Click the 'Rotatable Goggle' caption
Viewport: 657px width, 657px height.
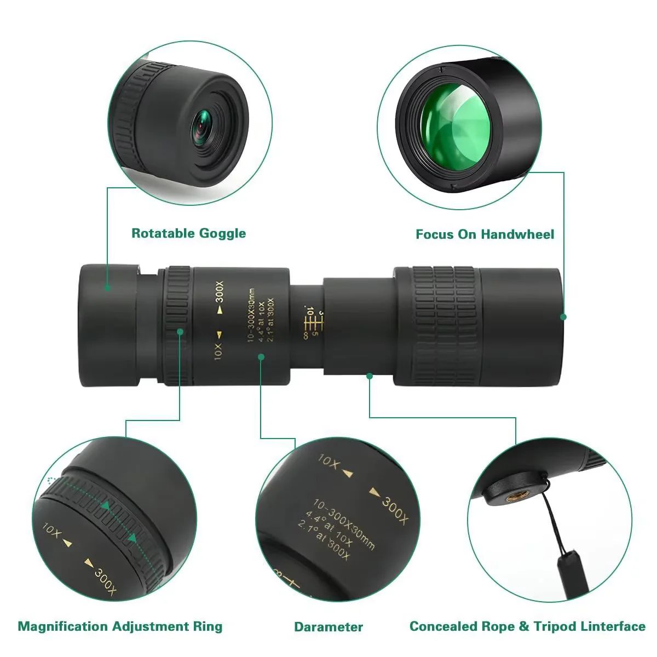point(188,233)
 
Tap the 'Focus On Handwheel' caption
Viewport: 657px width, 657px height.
point(485,234)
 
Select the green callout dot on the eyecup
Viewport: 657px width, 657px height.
point(107,287)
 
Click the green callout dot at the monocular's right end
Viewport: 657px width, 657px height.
point(563,316)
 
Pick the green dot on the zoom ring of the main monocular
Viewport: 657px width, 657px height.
point(180,331)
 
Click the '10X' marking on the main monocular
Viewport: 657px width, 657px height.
point(218,350)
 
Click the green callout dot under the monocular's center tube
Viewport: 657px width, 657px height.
point(370,376)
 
